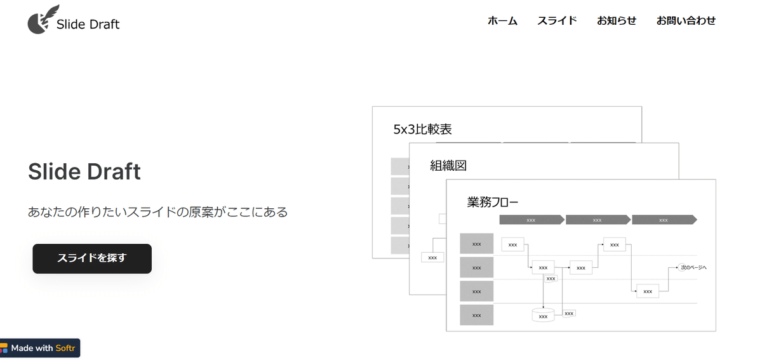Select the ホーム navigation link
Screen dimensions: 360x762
502,20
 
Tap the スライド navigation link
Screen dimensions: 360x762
557,20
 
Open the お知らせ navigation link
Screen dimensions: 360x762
616,20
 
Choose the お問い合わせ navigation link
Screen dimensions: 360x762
686,20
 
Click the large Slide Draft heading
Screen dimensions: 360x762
84,171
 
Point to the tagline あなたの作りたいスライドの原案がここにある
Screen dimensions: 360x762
157,212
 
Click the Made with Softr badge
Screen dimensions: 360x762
39,348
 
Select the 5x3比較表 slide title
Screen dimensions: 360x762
422,130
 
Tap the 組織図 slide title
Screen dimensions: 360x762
448,166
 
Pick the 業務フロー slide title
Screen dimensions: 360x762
493,203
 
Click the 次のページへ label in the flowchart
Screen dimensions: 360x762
693,267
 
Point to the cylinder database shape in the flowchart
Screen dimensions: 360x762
543,314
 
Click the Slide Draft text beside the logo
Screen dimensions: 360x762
88,25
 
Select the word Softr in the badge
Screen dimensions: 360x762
65,348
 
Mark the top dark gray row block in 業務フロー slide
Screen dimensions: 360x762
476,244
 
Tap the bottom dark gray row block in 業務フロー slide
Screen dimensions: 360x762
476,315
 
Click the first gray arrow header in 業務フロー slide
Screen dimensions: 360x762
531,220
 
